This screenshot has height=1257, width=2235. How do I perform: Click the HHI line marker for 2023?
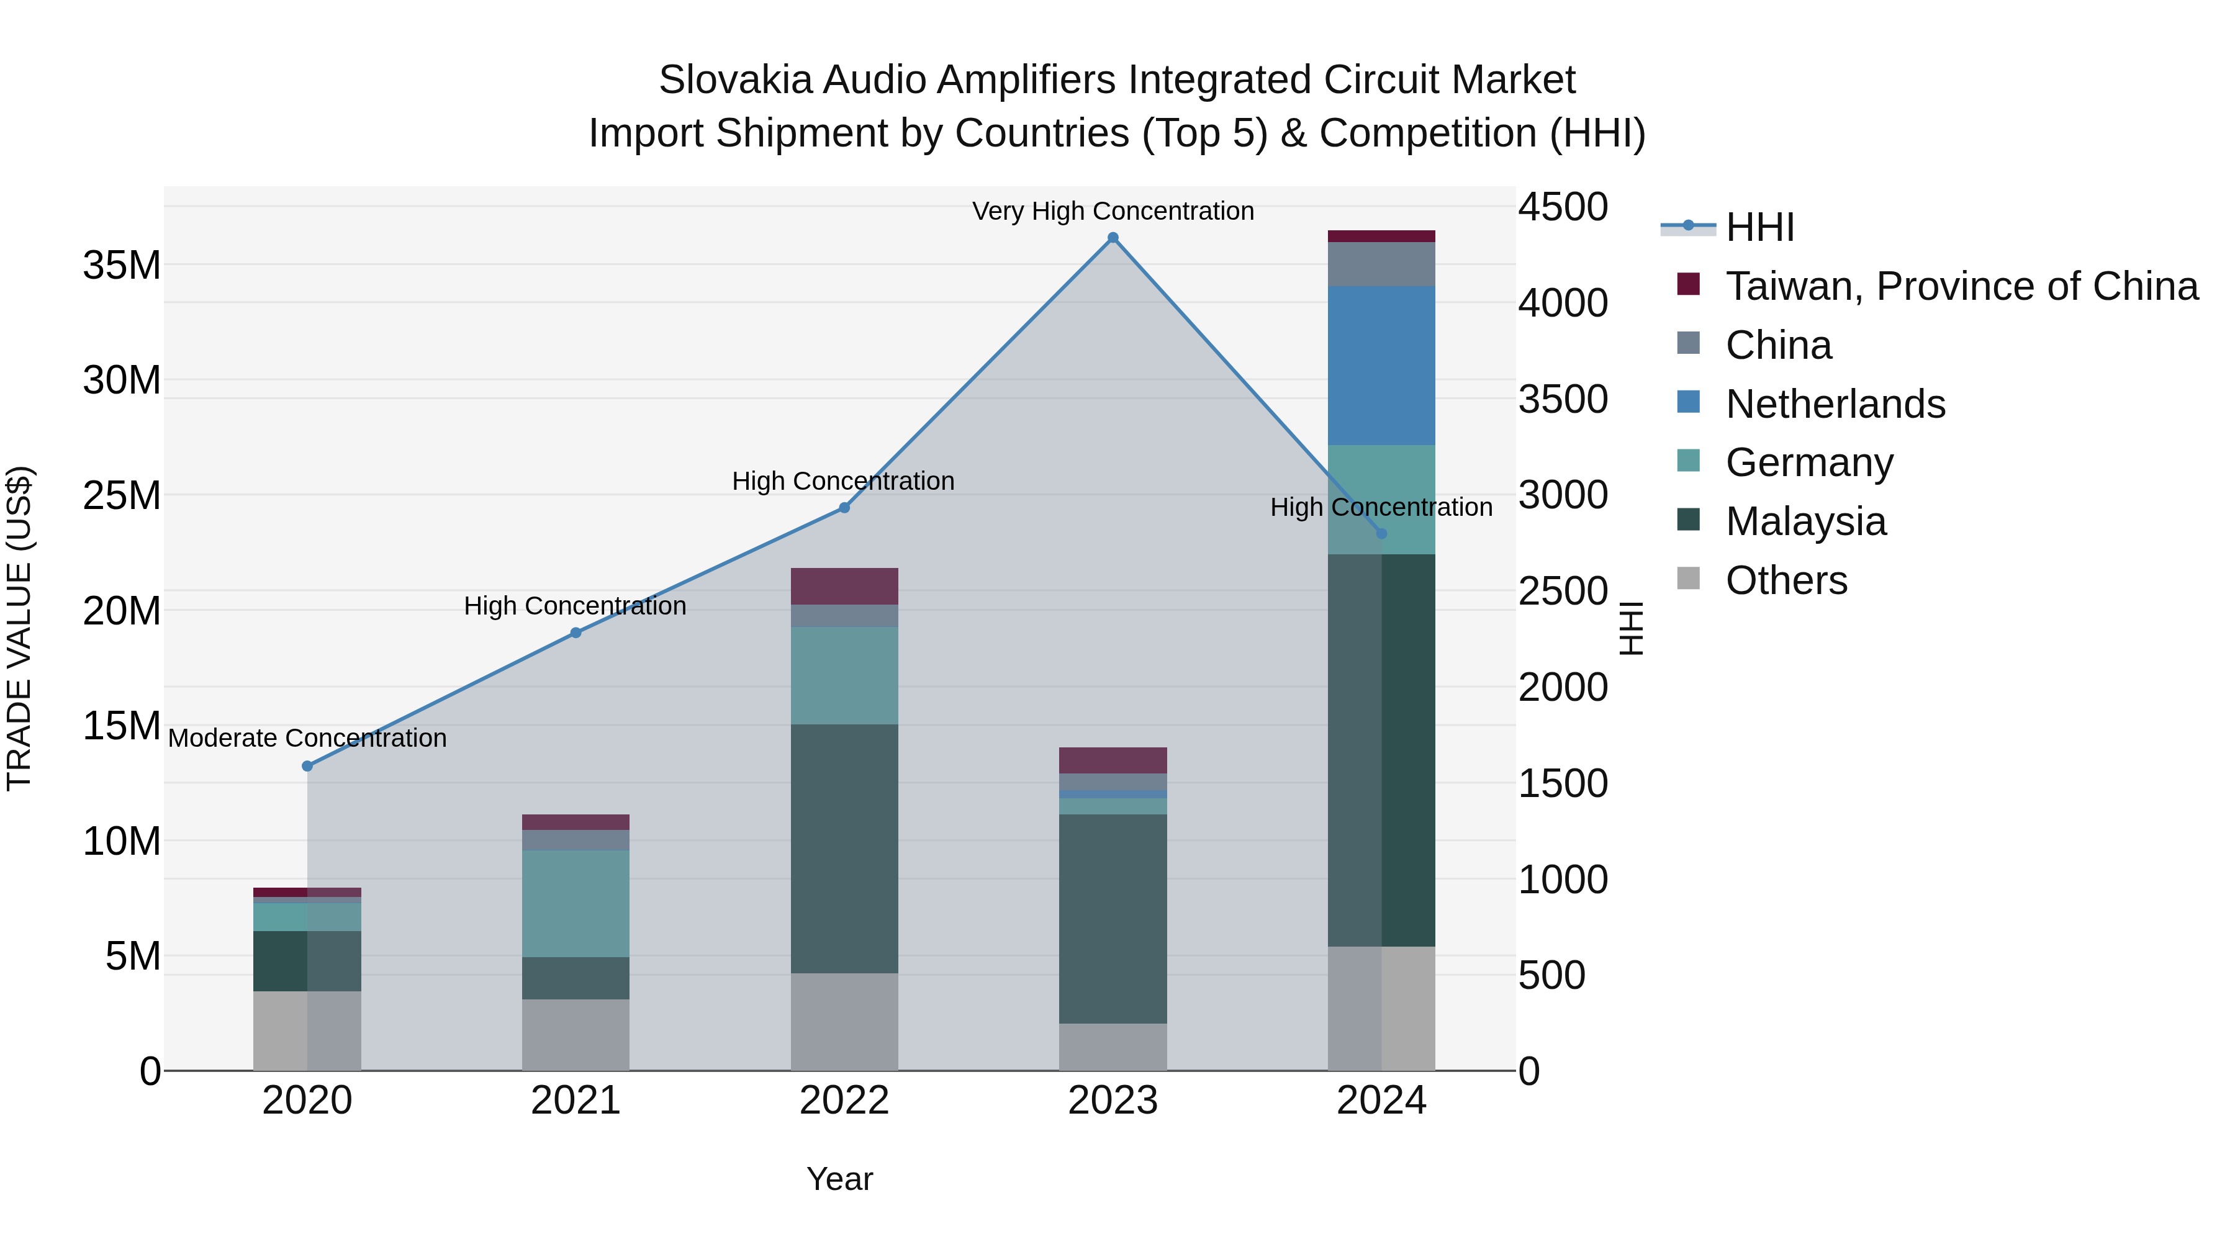click(x=1113, y=238)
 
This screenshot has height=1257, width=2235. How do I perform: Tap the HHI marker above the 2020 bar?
click(x=307, y=766)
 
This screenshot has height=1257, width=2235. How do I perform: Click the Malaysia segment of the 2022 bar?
click(x=844, y=849)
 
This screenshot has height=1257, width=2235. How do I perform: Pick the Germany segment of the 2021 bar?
click(x=576, y=903)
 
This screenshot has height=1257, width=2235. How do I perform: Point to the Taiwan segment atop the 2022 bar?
click(x=844, y=587)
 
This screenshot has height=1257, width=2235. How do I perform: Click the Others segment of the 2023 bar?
click(x=1113, y=1047)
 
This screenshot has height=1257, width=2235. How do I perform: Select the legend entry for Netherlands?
click(x=1835, y=404)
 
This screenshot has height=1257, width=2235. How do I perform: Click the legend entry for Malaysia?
click(x=1805, y=522)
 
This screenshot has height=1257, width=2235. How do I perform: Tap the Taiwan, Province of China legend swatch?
click(x=1689, y=284)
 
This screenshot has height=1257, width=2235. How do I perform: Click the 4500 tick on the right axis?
click(x=1563, y=208)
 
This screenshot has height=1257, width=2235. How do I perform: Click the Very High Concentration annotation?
click(x=1113, y=212)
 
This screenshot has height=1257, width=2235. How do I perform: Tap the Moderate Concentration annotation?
click(x=307, y=738)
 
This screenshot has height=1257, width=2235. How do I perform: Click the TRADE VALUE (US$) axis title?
click(x=19, y=628)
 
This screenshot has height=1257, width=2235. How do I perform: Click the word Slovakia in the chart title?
click(x=735, y=81)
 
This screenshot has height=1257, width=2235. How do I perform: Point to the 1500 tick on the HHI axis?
click(x=1563, y=784)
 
